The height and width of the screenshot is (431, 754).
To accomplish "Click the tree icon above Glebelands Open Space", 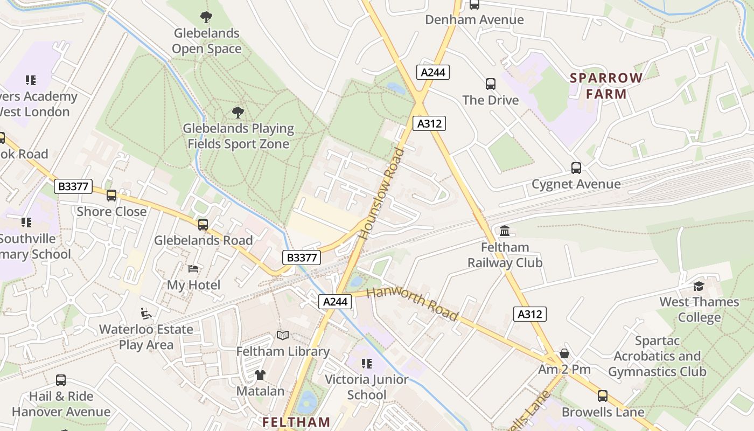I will (206, 17).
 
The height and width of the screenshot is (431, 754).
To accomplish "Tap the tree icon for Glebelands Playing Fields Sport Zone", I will (238, 113).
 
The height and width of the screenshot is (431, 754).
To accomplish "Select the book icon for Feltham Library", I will (283, 336).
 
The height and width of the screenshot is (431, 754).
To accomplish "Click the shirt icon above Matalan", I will (260, 375).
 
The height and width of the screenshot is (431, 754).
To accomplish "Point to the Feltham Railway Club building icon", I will (505, 231).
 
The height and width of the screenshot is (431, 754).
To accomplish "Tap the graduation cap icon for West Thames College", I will (699, 286).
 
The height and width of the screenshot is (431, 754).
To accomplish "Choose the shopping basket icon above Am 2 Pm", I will (564, 353).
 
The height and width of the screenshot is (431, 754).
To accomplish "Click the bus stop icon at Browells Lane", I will (602, 396).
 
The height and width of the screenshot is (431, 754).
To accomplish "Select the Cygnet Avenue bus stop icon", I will (576, 168).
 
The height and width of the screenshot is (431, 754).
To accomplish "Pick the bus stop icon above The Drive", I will (490, 84).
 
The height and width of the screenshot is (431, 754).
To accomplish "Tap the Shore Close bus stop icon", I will (111, 196).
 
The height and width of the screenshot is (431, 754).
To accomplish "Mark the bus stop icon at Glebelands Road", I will (203, 225).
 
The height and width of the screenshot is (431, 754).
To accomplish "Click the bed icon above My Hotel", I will (193, 269).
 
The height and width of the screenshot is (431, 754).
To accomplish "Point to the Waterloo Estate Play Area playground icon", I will (145, 313).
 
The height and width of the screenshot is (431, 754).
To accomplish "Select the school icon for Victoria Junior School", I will (366, 364).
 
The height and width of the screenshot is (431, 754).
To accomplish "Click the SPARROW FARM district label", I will (606, 86).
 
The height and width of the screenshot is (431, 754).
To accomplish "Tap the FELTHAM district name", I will (296, 422).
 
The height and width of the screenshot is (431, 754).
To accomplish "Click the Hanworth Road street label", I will (412, 304).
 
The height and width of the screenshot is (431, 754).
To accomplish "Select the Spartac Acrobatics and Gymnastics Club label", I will (657, 356).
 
